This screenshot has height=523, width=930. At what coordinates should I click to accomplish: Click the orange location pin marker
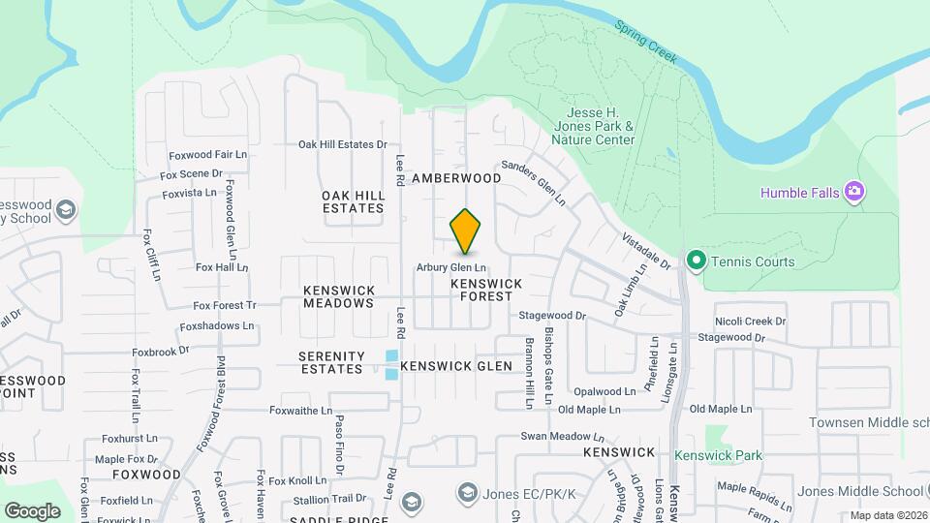(x=465, y=231)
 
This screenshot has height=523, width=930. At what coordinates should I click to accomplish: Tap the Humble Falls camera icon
(x=853, y=191)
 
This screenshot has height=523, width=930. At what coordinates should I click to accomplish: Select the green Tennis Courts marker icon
(x=695, y=261)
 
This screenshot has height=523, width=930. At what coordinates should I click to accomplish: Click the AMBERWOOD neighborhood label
(x=456, y=178)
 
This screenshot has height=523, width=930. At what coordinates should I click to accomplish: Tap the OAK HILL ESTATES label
(x=354, y=201)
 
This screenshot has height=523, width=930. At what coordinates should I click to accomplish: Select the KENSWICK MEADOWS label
(x=338, y=296)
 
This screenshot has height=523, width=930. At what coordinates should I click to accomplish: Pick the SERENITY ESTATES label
(x=331, y=362)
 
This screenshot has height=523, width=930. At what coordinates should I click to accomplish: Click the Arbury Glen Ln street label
(x=450, y=267)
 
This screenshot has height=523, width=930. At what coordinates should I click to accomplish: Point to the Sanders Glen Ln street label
(x=532, y=182)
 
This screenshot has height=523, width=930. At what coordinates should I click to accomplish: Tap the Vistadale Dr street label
(x=646, y=251)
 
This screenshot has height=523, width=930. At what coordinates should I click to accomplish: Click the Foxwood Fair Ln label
(x=207, y=154)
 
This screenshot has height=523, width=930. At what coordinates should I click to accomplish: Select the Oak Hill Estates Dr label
(x=342, y=144)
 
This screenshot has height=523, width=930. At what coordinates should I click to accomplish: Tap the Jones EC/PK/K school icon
(x=468, y=495)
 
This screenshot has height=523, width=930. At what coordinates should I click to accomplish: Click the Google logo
(x=32, y=510)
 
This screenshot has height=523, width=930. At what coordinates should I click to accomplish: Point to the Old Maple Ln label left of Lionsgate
(x=595, y=410)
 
